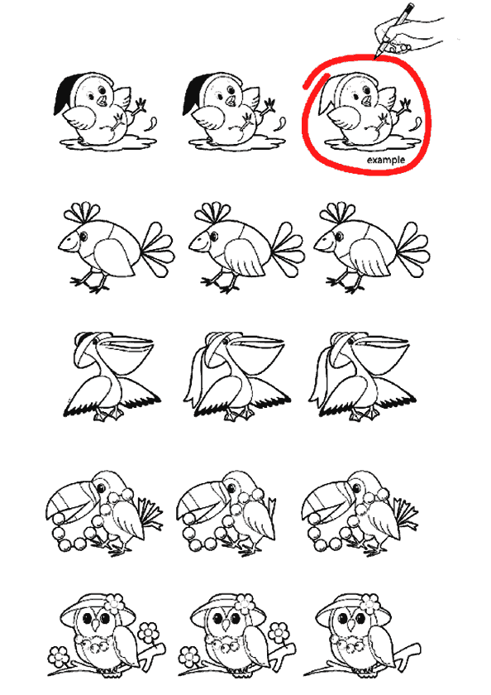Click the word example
pos(386,160)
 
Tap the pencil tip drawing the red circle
pos(376,57)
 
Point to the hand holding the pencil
pos(408,34)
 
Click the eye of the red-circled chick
pos(366,90)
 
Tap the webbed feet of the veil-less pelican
pos(108,414)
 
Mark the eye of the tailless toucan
pos(231,487)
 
